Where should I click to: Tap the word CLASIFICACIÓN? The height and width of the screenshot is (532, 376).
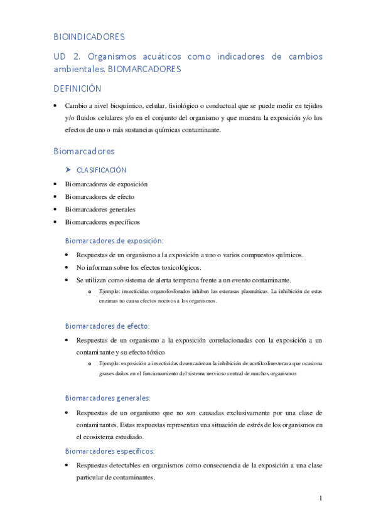click(101, 170)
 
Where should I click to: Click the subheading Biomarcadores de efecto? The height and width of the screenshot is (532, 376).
click(107, 326)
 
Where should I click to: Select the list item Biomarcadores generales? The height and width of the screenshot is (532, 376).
click(100, 210)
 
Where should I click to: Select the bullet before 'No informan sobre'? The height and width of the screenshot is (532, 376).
click(67, 267)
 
